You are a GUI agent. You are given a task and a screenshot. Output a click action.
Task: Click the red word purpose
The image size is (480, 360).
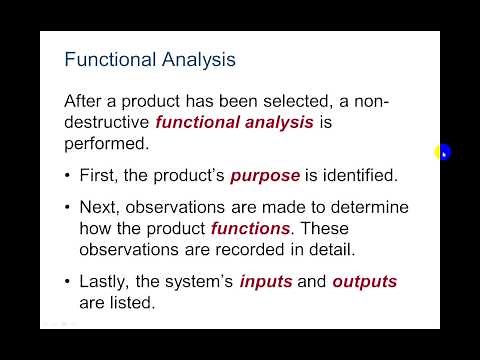(x=265, y=176)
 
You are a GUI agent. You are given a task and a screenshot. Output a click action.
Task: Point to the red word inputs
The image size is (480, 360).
(x=265, y=283)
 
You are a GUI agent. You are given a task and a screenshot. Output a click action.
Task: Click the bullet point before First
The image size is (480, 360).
(x=68, y=176)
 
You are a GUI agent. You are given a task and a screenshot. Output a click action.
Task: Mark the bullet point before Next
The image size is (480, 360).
(x=68, y=208)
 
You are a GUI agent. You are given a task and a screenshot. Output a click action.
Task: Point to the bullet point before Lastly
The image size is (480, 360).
(x=68, y=283)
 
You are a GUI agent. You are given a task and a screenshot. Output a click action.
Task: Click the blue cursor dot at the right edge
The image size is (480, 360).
(x=443, y=152)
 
